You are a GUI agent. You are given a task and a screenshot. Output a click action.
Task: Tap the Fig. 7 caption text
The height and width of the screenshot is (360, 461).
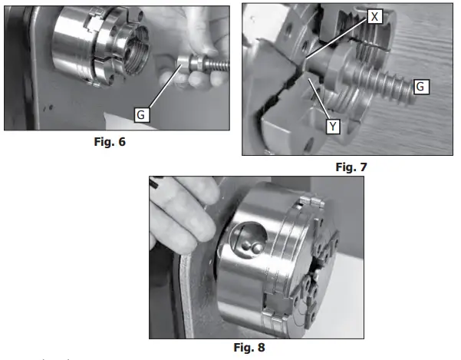pyautogui.click(x=352, y=166)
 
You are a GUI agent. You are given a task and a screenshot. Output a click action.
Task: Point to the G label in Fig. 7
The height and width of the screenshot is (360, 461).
pyautogui.click(x=420, y=87)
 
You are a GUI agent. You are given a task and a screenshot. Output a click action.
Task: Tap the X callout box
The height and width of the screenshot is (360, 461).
pyautogui.click(x=373, y=15)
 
